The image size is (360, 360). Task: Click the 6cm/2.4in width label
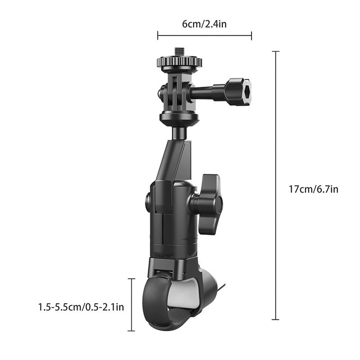pos(204,24)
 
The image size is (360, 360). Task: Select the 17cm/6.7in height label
pos(313,189)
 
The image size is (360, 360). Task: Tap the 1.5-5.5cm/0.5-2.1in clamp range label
pos(81,307)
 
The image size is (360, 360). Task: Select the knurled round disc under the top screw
pos(179,63)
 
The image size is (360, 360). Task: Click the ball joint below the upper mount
pos(179,132)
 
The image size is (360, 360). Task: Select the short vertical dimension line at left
pos(132,305)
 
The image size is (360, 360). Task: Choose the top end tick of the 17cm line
pos(275,52)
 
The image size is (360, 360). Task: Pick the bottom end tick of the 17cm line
pos(275,319)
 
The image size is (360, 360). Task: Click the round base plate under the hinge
pos(179,119)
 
